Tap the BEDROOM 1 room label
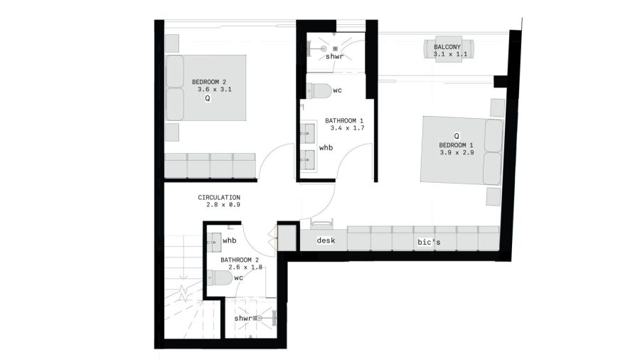456,145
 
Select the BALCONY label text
447,47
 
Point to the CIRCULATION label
219,198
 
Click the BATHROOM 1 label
344,121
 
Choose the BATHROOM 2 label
240,260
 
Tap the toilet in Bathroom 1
319,90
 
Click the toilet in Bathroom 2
220,278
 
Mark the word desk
326,240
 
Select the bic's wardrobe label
429,242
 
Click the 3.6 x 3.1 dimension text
215,90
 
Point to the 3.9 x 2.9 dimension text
457,153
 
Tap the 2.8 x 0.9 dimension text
223,205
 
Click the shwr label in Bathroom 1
334,57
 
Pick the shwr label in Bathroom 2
243,318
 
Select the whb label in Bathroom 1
326,148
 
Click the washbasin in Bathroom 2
214,243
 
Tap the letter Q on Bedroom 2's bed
208,99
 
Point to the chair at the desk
322,223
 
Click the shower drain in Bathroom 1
335,48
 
